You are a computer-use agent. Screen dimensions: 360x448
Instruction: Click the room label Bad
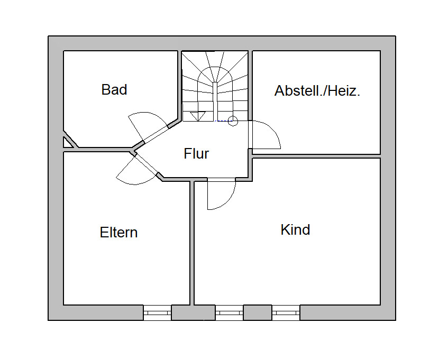tap(114, 90)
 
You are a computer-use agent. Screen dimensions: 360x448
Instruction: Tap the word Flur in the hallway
tap(196, 154)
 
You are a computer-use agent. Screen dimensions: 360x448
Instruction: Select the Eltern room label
tap(118, 233)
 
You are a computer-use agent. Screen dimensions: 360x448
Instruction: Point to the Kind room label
tap(295, 230)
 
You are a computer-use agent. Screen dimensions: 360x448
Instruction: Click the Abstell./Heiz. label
tap(317, 91)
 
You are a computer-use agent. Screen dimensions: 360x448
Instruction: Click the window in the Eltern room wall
tap(158, 313)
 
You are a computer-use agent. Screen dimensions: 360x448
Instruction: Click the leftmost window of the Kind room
tap(229, 313)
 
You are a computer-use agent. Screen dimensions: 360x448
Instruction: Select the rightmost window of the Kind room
tap(286, 313)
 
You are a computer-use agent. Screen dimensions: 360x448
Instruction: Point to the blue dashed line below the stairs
tap(224, 122)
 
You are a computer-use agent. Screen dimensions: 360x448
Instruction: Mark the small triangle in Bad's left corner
tap(67, 142)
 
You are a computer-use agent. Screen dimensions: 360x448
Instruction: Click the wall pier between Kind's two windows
tap(257, 313)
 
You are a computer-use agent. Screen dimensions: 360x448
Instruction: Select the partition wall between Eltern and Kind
tap(192, 243)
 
